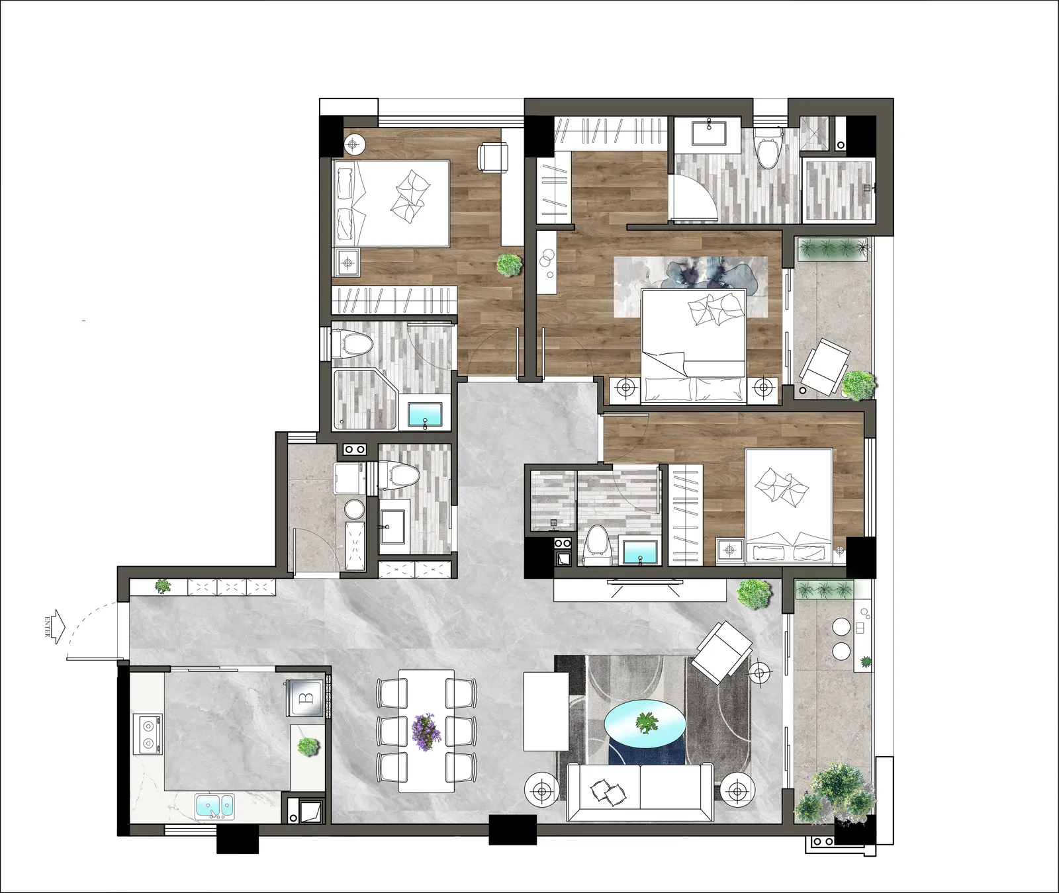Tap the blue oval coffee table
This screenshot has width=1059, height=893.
point(645,722)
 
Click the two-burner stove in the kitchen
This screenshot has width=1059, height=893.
point(148,734)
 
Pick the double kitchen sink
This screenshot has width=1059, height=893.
point(214,806)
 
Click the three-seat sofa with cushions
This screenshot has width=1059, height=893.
point(640,791)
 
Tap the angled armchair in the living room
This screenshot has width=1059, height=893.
point(721,652)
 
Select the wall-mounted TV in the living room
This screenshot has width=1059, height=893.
point(645,582)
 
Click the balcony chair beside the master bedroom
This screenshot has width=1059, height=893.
point(824,366)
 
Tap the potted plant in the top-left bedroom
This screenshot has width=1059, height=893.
point(509,265)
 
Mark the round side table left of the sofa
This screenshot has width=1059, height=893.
point(542,790)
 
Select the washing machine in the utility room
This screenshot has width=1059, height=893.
point(350,478)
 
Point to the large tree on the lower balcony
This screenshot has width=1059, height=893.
point(836,793)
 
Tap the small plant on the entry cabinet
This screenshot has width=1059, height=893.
point(162,586)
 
